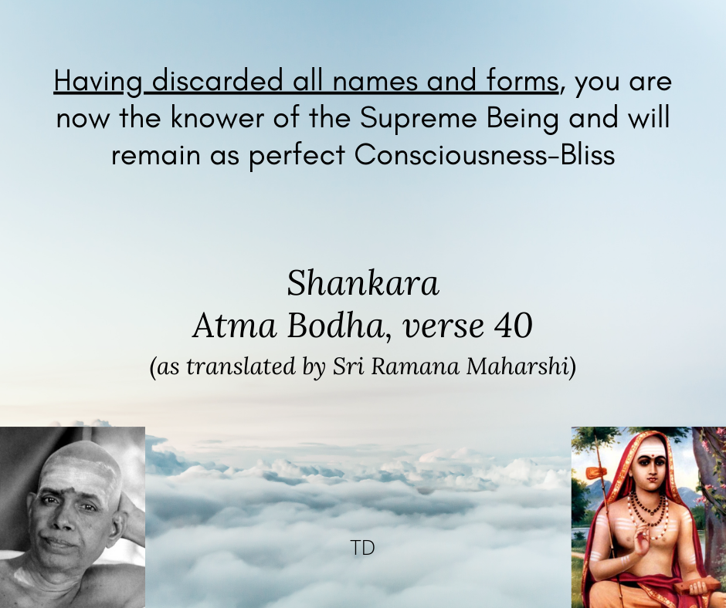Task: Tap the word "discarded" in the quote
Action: click(x=217, y=80)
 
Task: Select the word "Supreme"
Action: click(x=418, y=118)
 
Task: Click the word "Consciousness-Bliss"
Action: click(x=485, y=154)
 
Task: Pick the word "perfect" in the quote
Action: click(x=297, y=155)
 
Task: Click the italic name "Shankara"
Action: click(x=363, y=283)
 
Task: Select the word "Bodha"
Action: click(x=336, y=326)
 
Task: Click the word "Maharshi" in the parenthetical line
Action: click(x=517, y=366)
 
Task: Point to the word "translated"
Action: click(x=241, y=366)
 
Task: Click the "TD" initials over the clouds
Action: click(x=362, y=548)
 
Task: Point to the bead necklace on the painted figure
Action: click(x=648, y=512)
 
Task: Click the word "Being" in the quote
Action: click(x=523, y=119)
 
